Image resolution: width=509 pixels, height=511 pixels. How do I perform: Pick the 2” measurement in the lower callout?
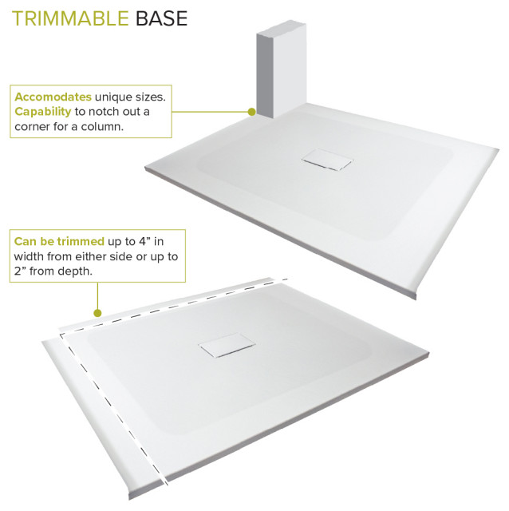[x=20, y=271]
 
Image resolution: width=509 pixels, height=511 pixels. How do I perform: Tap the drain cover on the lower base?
[x=226, y=347]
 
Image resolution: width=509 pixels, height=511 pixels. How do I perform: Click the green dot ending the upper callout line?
[x=252, y=113]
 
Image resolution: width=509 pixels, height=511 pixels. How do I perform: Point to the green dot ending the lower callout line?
[x=97, y=313]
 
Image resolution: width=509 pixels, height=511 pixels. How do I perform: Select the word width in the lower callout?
[x=30, y=255]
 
